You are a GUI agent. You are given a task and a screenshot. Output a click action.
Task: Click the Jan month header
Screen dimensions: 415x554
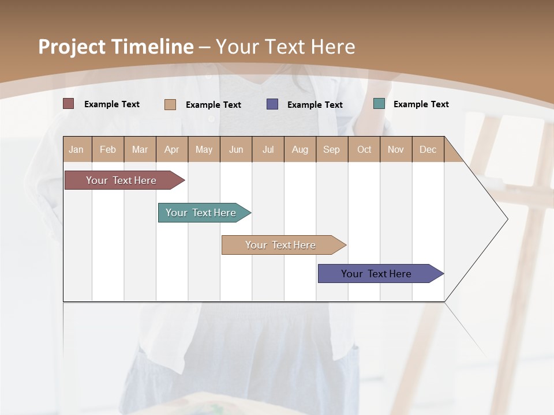[x=77, y=149]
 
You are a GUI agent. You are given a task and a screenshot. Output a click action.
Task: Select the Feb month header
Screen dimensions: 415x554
[x=108, y=149]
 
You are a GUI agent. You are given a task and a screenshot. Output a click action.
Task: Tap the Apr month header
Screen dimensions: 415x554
[x=172, y=149]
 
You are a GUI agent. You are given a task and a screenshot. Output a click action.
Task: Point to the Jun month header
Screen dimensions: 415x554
[x=236, y=149]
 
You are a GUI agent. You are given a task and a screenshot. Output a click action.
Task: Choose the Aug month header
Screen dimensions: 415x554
[x=300, y=149]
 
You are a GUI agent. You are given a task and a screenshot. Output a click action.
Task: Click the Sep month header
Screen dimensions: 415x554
[x=332, y=149]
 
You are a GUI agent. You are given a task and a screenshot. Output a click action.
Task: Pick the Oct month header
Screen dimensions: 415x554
[x=364, y=149]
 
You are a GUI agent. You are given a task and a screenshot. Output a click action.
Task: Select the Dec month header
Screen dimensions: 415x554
[x=428, y=149]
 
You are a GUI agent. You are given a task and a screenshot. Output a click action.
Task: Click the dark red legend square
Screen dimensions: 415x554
[x=69, y=104]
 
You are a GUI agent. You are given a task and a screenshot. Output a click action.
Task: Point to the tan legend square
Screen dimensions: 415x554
[x=170, y=104]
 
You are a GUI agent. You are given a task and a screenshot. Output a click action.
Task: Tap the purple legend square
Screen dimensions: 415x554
[x=272, y=104]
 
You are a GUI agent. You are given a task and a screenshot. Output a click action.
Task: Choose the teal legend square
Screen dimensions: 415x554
[x=379, y=104]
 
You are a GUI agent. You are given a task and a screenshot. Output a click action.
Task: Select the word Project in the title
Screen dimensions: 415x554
[x=72, y=47]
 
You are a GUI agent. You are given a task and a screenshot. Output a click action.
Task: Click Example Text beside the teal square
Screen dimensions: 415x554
[x=421, y=104]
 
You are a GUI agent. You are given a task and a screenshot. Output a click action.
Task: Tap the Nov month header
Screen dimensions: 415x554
[x=396, y=149]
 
